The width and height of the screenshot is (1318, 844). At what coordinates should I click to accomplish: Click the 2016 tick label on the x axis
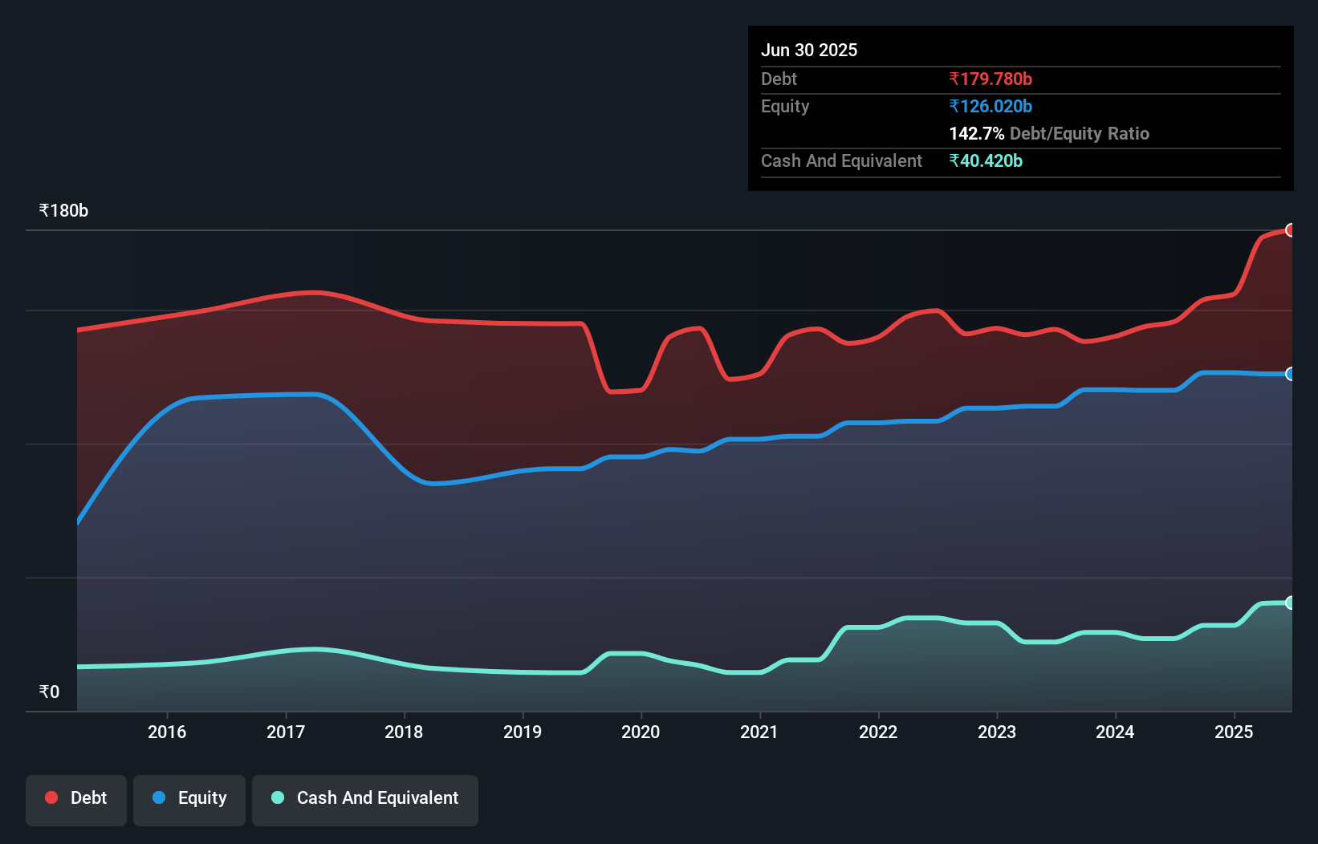167,732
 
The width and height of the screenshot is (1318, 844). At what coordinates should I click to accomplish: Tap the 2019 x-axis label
523,732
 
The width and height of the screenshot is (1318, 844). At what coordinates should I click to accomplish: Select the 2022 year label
878,732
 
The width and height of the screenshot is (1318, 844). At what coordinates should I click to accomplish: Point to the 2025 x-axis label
1234,732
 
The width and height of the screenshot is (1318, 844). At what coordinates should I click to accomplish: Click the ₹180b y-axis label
63,211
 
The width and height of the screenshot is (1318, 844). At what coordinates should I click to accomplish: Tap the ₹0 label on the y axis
49,692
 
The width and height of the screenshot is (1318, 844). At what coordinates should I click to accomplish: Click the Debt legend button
76,798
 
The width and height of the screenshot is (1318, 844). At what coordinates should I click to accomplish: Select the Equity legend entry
189,798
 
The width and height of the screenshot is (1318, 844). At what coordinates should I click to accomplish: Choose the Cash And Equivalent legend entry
365,798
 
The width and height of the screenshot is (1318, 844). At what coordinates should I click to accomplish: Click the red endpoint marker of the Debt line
1291,230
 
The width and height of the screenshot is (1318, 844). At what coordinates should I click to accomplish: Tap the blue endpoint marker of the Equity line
1291,374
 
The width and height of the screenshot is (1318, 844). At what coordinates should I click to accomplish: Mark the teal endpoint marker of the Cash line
1291,603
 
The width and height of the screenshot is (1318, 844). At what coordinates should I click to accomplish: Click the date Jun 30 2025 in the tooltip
809,50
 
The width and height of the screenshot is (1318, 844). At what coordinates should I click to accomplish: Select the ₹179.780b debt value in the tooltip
991,79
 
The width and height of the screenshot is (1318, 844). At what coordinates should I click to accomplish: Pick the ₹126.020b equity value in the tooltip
991,106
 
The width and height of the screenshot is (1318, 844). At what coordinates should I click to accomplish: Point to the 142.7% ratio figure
976,133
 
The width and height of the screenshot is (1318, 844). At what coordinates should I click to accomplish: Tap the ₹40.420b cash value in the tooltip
986,160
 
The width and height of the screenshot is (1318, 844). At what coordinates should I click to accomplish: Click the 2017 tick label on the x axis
286,732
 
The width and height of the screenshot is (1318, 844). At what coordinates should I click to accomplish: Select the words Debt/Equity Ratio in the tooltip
1080,133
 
